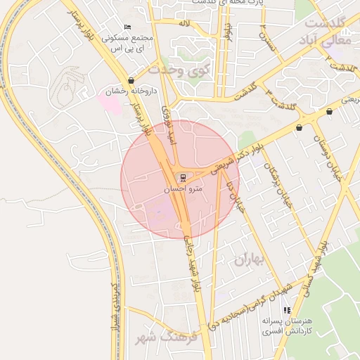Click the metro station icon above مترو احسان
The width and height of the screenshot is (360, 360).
183,177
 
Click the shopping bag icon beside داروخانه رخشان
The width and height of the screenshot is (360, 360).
131,81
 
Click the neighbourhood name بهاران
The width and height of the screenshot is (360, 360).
247,260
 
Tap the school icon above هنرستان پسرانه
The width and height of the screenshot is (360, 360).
286,310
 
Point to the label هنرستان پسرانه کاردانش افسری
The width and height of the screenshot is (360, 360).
285,326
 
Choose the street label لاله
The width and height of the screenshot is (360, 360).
184,24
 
